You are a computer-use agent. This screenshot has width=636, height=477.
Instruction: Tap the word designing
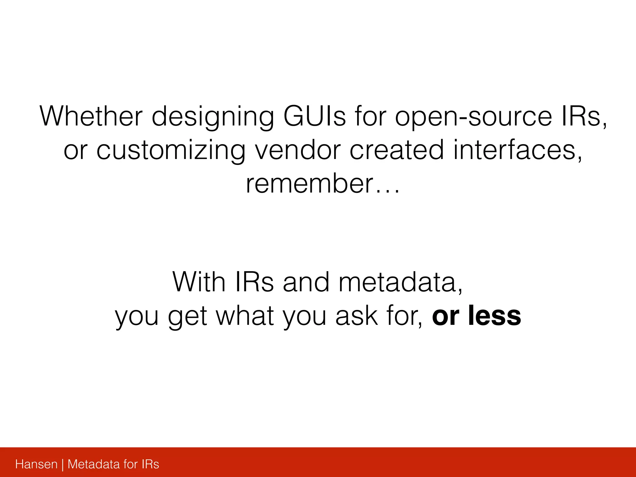point(213,117)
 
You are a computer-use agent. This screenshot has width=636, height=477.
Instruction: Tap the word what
point(245,316)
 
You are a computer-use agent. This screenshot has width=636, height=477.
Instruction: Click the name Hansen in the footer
point(36,464)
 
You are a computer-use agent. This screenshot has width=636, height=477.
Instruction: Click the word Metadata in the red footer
point(93,464)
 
